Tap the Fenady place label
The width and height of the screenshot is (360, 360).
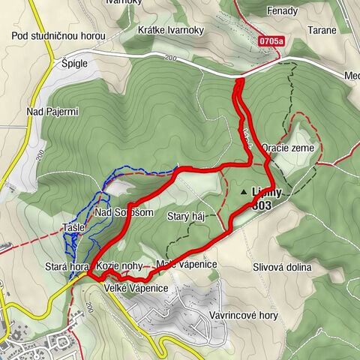click(x=281, y=11)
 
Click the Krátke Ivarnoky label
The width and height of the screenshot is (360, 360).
click(x=171, y=30)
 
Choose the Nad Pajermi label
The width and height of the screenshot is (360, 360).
click(x=52, y=112)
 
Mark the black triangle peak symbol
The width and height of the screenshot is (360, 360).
click(x=244, y=193)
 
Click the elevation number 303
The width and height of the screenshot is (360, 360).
click(x=262, y=205)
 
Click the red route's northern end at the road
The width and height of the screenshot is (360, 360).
click(x=240, y=80)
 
